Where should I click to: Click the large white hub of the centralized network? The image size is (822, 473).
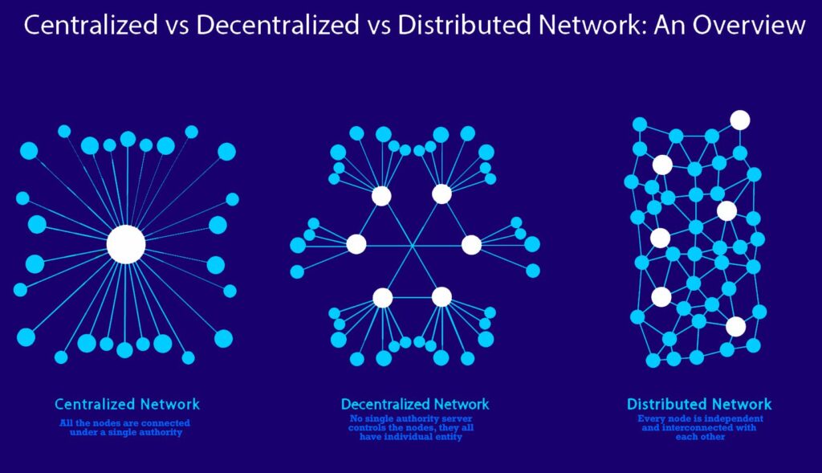click(126, 244)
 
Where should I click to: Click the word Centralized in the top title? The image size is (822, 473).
click(91, 25)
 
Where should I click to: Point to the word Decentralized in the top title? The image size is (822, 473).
click(278, 25)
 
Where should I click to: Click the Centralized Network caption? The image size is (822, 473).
click(128, 404)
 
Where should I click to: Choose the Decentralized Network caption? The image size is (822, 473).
click(415, 404)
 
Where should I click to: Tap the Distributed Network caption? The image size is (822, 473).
click(699, 404)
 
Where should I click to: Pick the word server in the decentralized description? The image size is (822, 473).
click(457, 418)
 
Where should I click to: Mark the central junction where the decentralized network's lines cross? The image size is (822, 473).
click(413, 246)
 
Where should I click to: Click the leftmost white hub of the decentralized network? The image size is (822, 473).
click(356, 244)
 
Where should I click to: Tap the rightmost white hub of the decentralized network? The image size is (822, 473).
click(470, 244)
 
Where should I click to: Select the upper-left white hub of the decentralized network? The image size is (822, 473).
click(381, 196)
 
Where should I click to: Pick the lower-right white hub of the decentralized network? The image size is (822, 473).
click(442, 297)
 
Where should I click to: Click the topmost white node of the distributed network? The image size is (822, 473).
click(740, 120)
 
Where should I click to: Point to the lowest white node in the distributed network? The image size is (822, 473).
click(735, 326)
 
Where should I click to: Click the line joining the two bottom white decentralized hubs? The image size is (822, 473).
click(412, 297)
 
